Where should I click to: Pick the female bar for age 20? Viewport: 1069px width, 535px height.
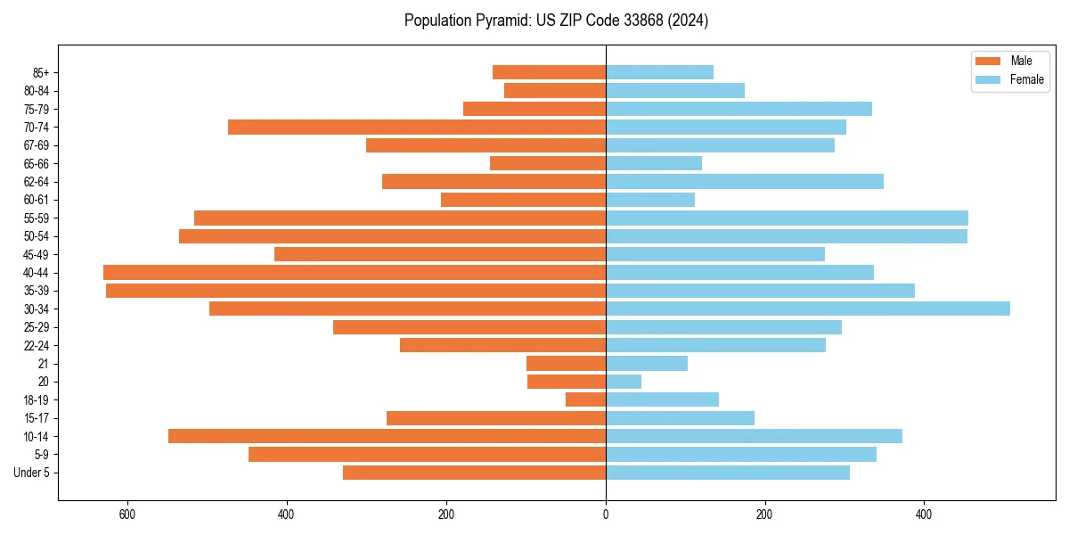624,382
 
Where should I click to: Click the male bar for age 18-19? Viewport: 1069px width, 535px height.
585,399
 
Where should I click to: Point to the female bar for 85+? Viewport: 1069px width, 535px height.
659,72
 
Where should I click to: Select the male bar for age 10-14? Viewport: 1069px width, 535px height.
387,436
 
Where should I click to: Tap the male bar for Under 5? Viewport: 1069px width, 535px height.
474,473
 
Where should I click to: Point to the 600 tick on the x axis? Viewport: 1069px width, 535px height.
126,514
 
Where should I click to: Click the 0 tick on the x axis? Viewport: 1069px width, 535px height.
606,514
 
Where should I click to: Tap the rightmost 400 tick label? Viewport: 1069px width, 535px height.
924,514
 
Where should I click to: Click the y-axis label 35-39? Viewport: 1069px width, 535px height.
37,291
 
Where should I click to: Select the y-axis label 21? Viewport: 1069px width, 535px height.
44,364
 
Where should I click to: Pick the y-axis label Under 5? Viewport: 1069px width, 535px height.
32,473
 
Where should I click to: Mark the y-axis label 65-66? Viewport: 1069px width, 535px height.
37,163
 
